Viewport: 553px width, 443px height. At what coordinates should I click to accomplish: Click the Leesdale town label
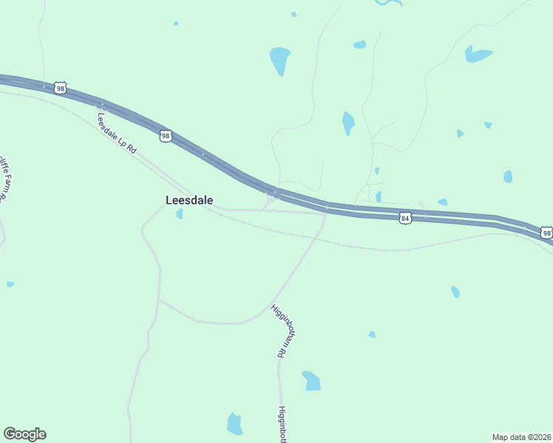pos(189,200)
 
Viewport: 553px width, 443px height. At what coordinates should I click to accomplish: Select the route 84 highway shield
pos(404,218)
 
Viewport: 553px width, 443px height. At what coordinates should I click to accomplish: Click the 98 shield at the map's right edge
pos(546,233)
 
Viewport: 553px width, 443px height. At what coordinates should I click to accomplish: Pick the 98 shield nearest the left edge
pos(61,88)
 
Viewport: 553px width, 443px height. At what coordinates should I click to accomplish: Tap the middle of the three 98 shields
pos(166,136)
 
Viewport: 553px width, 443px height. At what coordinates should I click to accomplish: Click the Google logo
pos(24,434)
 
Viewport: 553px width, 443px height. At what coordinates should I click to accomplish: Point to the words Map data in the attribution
pos(509,436)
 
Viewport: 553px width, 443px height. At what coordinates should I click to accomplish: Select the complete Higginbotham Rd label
pos(279,330)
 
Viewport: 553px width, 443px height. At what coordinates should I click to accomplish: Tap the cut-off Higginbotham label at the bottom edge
pos(282,425)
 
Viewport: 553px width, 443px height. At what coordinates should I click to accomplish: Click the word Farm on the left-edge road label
pos(6,182)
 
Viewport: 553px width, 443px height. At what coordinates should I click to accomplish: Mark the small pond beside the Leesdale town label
pos(179,214)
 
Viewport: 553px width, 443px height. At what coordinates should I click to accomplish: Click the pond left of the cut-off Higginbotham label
pos(234,424)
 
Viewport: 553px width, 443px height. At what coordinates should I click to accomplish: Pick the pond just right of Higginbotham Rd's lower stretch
pos(312,380)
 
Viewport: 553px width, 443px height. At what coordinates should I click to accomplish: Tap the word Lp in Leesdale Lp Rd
pos(124,141)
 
